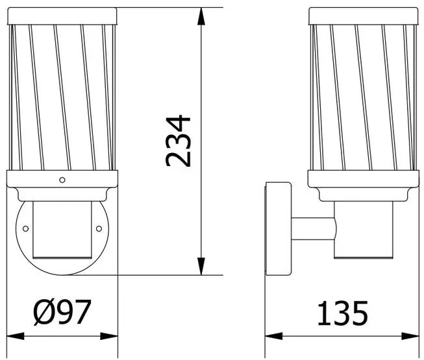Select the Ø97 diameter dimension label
pyautogui.click(x=61, y=314)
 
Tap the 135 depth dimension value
pyautogui.click(x=342, y=314)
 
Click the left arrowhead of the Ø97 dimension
pyautogui.click(x=13, y=336)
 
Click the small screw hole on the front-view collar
pyautogui.click(x=62, y=180)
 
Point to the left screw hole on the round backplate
pyautogui.click(x=26, y=228)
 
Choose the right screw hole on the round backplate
pyautogui.click(x=98, y=228)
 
